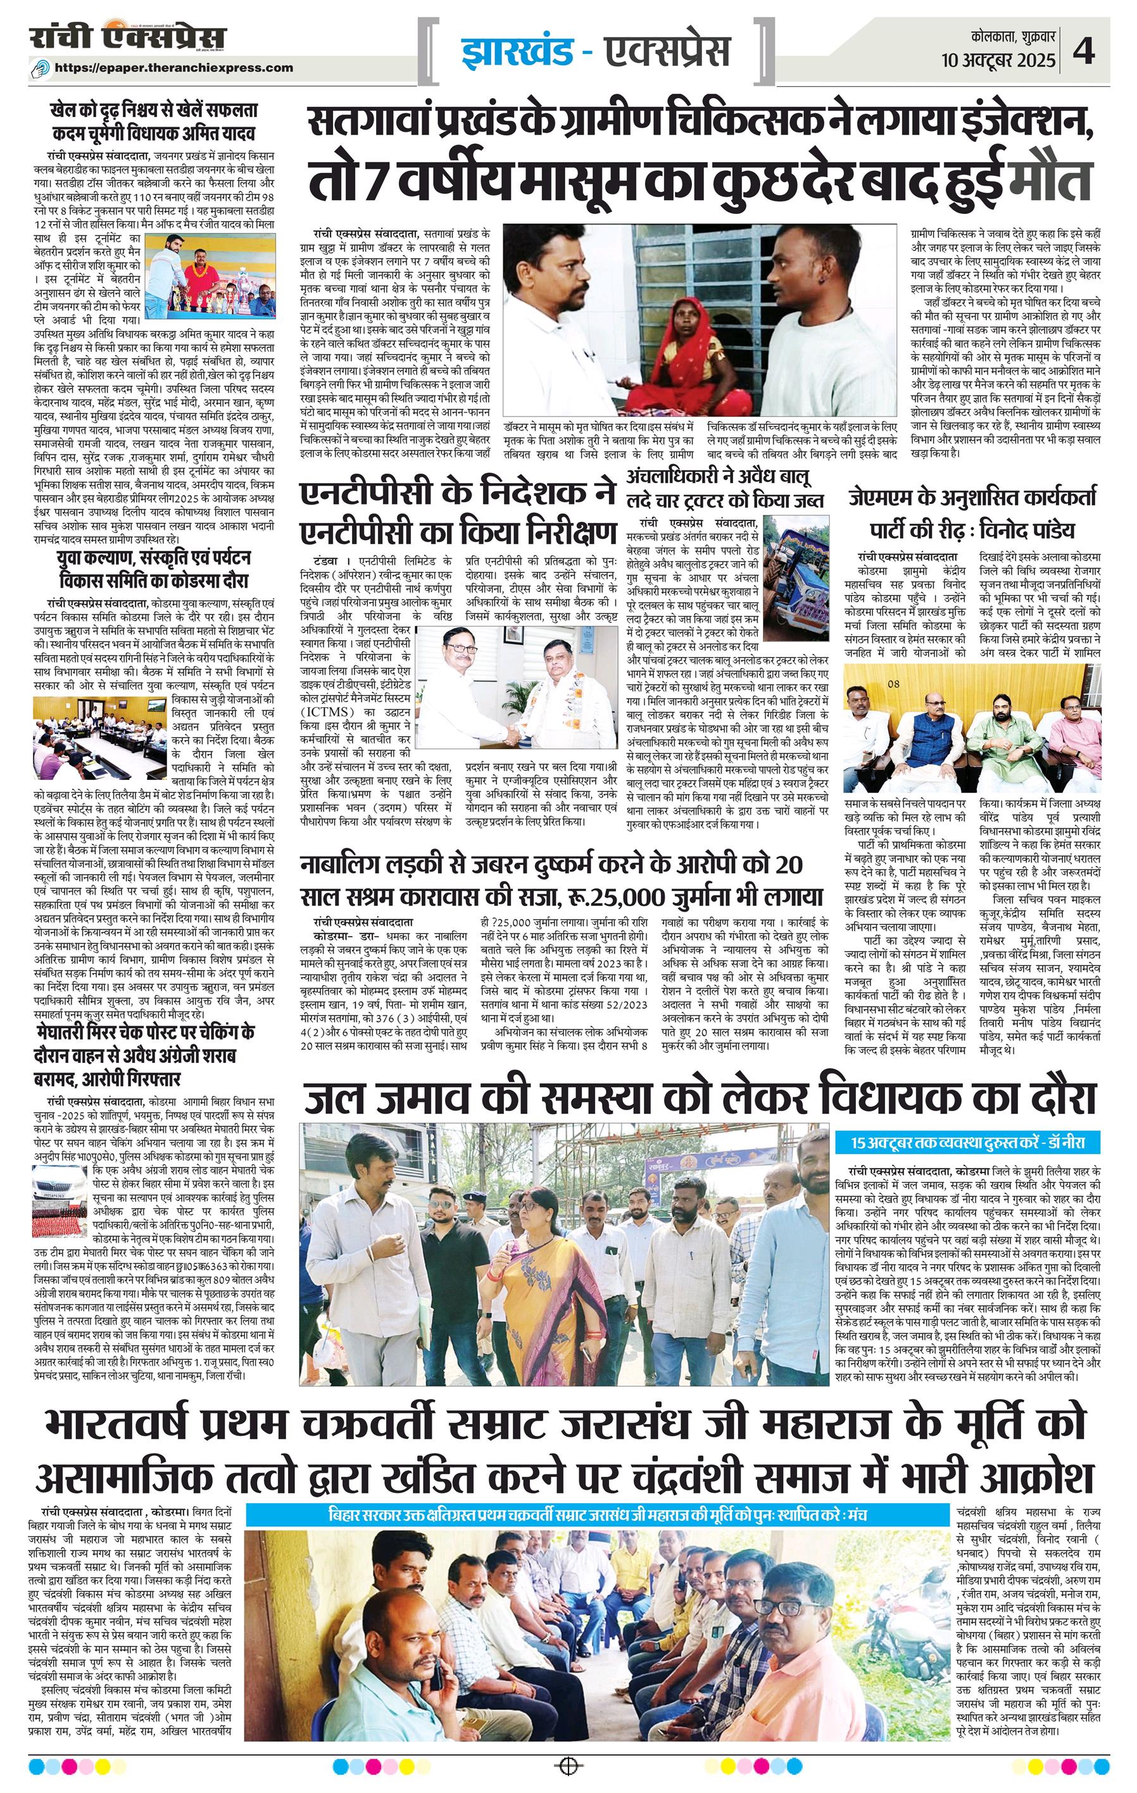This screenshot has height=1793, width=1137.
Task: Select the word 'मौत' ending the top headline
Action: click(x=1050, y=177)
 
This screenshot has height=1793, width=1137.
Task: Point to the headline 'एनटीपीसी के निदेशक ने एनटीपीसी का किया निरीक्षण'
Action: click(x=456, y=513)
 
